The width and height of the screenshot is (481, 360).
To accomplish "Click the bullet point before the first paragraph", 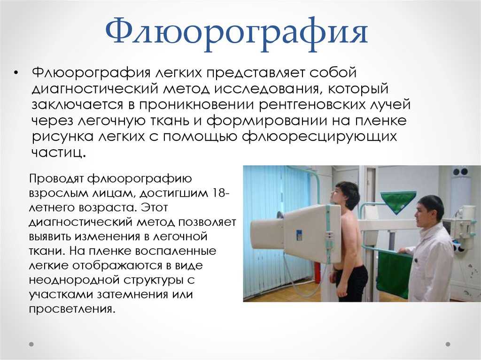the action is point(16,73).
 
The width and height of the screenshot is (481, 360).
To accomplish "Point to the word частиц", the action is point(58,152).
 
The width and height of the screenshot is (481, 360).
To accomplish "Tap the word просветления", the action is point(72,308).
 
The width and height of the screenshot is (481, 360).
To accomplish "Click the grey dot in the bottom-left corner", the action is point(31,345).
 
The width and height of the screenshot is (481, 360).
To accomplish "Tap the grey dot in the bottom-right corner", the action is point(448,345).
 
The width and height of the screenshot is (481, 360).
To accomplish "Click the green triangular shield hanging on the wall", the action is point(398,201).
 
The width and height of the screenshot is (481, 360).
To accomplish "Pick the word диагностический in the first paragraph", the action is point(95,89).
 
